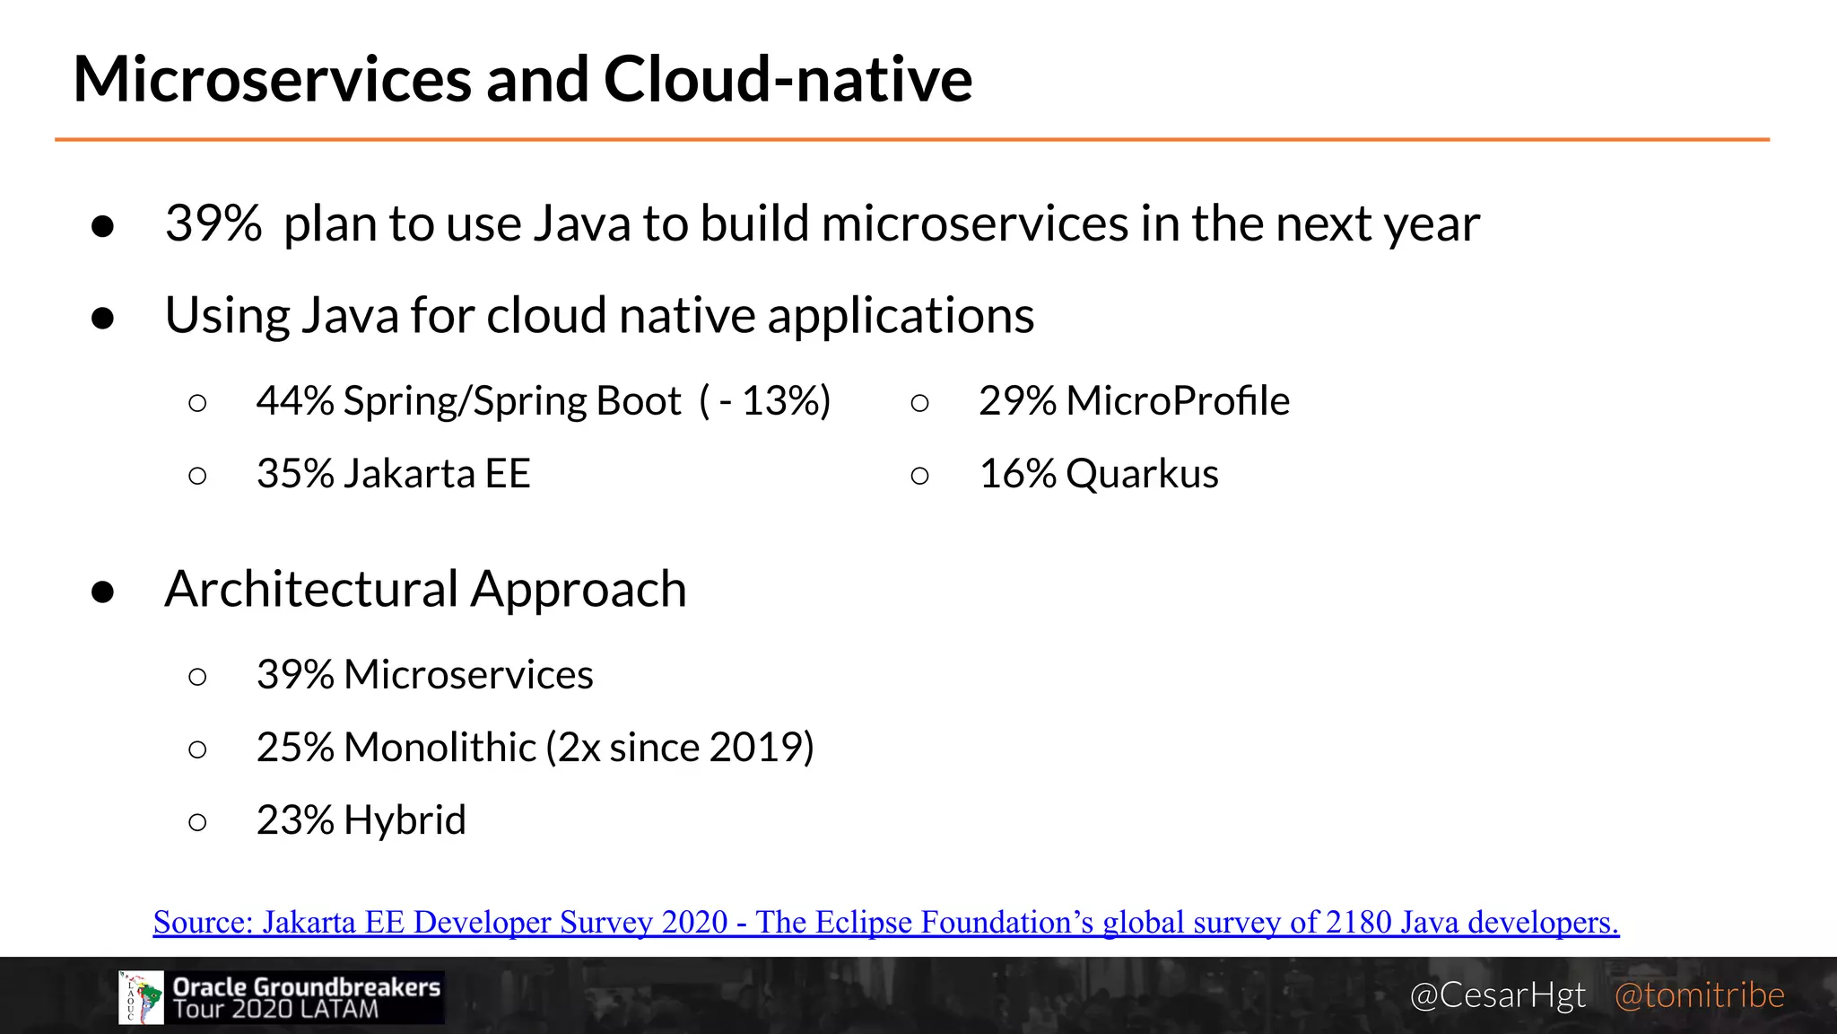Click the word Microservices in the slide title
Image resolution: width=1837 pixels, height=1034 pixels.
coord(272,79)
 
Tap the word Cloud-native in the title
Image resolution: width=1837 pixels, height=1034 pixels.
coord(788,79)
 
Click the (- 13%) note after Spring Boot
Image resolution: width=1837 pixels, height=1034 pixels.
coord(765,401)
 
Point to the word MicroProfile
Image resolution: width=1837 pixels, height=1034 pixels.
coord(1178,401)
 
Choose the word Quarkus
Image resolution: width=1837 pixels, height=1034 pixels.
coord(1142,474)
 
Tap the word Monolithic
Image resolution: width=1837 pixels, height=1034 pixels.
coord(440,748)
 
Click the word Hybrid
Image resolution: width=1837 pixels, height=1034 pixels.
coord(405,820)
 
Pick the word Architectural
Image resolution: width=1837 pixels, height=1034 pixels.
coord(311,590)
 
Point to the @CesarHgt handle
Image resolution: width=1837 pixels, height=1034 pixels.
coord(1497,995)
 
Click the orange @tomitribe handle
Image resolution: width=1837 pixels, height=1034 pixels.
coord(1699,995)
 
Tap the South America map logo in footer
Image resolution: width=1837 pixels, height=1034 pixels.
coord(142,997)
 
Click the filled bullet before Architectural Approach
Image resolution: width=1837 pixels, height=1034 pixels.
coord(103,591)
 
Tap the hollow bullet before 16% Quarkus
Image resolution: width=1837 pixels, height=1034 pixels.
coord(919,476)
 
